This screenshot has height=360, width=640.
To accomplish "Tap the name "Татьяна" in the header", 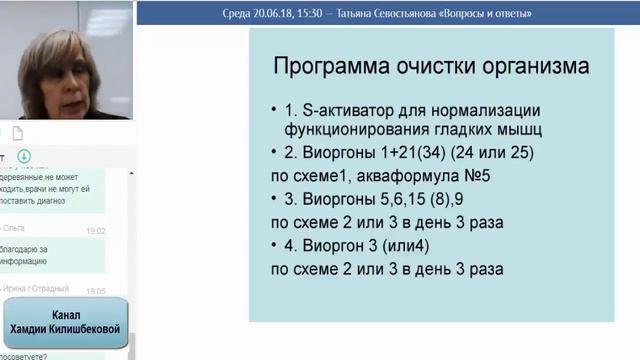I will click(x=383, y=14).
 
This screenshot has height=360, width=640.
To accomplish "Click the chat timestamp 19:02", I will click(x=96, y=230).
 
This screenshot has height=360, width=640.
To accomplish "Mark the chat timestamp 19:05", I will click(x=96, y=291).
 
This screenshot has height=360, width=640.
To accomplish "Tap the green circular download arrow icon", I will click(x=24, y=156).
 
